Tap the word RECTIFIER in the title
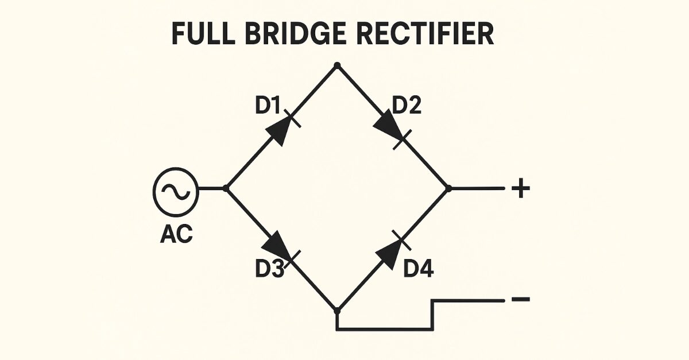tap(425, 34)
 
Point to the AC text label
tap(176, 235)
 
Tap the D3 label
tap(269, 269)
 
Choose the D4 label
tap(418, 269)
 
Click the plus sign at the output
tap(520, 189)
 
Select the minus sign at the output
tap(520, 299)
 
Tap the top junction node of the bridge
tap(338, 65)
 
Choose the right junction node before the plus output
tap(449, 188)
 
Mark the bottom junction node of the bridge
tap(338, 311)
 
